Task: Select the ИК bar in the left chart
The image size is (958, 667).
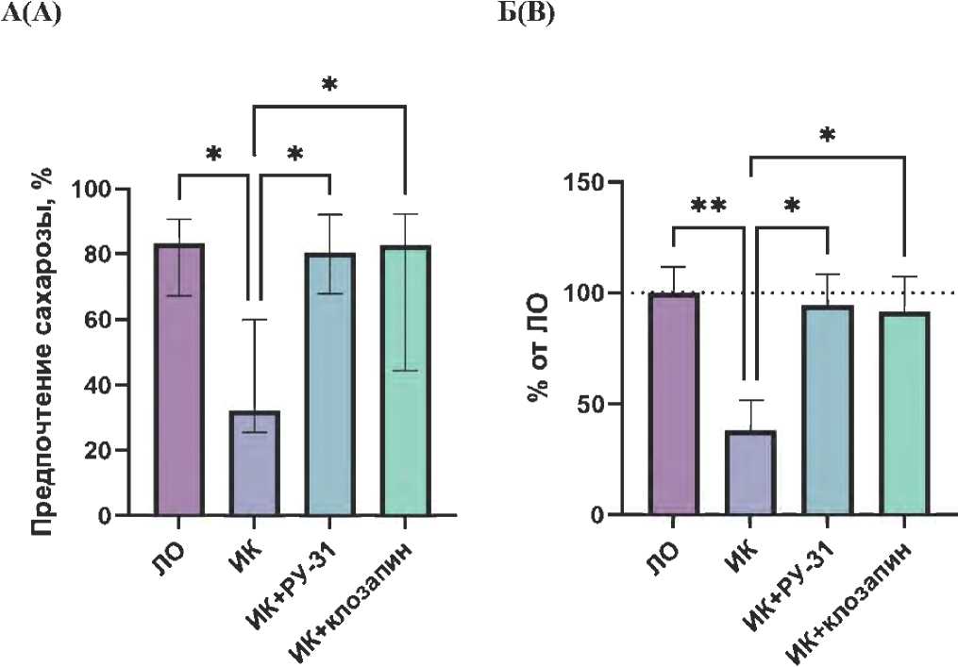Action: (255, 462)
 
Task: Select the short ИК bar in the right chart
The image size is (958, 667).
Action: (749, 472)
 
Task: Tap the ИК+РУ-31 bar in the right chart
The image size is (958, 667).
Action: (827, 410)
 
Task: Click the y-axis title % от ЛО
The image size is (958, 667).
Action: (539, 348)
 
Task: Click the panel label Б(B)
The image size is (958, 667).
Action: (526, 15)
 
